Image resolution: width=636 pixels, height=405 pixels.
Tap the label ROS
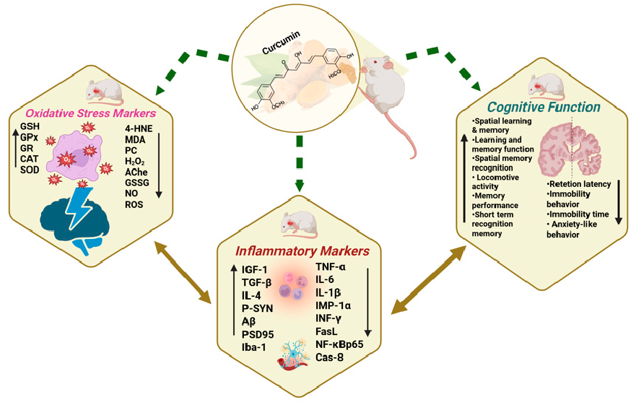134,205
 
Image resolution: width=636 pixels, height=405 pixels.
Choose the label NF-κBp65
339,344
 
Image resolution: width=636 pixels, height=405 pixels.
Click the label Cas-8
332,357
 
